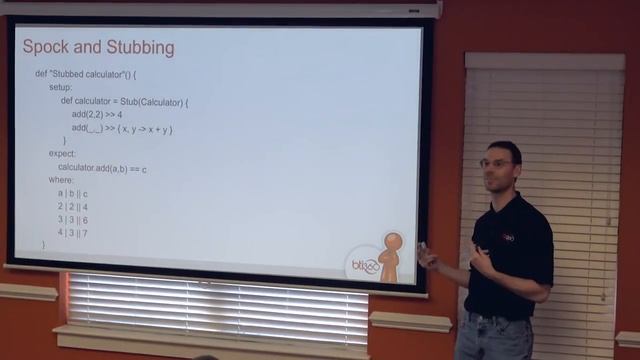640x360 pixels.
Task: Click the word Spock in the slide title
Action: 46,47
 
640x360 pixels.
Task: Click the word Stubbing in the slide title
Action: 140,48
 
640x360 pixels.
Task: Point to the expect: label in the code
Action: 63,154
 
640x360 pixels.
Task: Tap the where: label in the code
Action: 61,180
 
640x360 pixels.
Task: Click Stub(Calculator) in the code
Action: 153,101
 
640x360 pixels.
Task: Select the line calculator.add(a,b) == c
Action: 102,168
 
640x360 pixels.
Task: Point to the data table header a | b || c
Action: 73,193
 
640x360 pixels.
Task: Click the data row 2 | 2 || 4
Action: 73,207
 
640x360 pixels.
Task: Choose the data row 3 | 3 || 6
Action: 73,220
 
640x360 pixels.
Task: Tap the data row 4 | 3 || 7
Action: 73,233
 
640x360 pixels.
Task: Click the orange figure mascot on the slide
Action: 391,255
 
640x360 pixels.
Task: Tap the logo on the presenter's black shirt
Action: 507,238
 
